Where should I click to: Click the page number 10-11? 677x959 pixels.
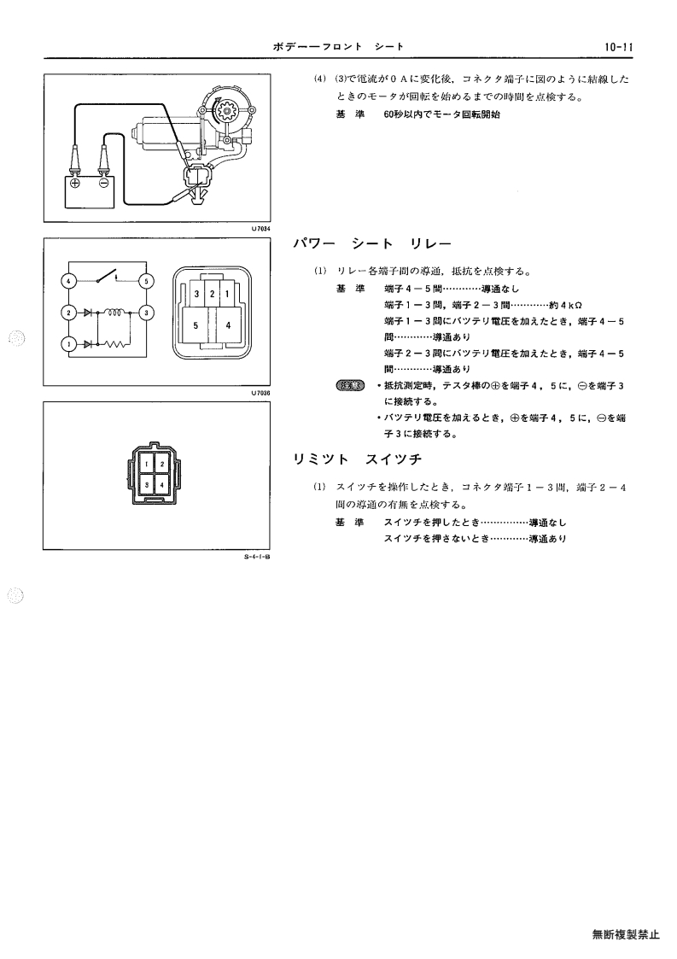coord(618,46)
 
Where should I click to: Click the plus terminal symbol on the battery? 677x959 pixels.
coord(74,183)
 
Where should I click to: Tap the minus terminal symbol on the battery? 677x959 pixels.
coord(104,183)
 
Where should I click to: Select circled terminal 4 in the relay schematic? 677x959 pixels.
coord(68,281)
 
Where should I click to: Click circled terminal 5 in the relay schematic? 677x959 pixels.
coord(147,281)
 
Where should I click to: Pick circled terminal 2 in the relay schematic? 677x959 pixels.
coord(68,313)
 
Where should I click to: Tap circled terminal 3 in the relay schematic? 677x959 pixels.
coord(147,313)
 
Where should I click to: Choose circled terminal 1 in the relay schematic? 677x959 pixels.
coord(68,345)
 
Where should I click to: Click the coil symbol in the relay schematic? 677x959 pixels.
coord(115,312)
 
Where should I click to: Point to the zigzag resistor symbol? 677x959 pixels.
coord(114,345)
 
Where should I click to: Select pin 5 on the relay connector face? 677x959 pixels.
coord(196,325)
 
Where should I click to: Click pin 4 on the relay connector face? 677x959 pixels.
coord(227,325)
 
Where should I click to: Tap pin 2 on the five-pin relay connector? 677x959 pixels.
coord(213,294)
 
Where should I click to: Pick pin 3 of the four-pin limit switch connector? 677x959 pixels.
coord(147,484)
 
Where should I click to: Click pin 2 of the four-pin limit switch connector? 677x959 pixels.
coord(162,465)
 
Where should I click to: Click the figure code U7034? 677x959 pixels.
coord(260,228)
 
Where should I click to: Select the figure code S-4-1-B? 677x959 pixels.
coord(257,557)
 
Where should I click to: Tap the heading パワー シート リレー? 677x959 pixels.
coord(372,244)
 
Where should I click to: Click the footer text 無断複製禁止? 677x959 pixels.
coord(626,934)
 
